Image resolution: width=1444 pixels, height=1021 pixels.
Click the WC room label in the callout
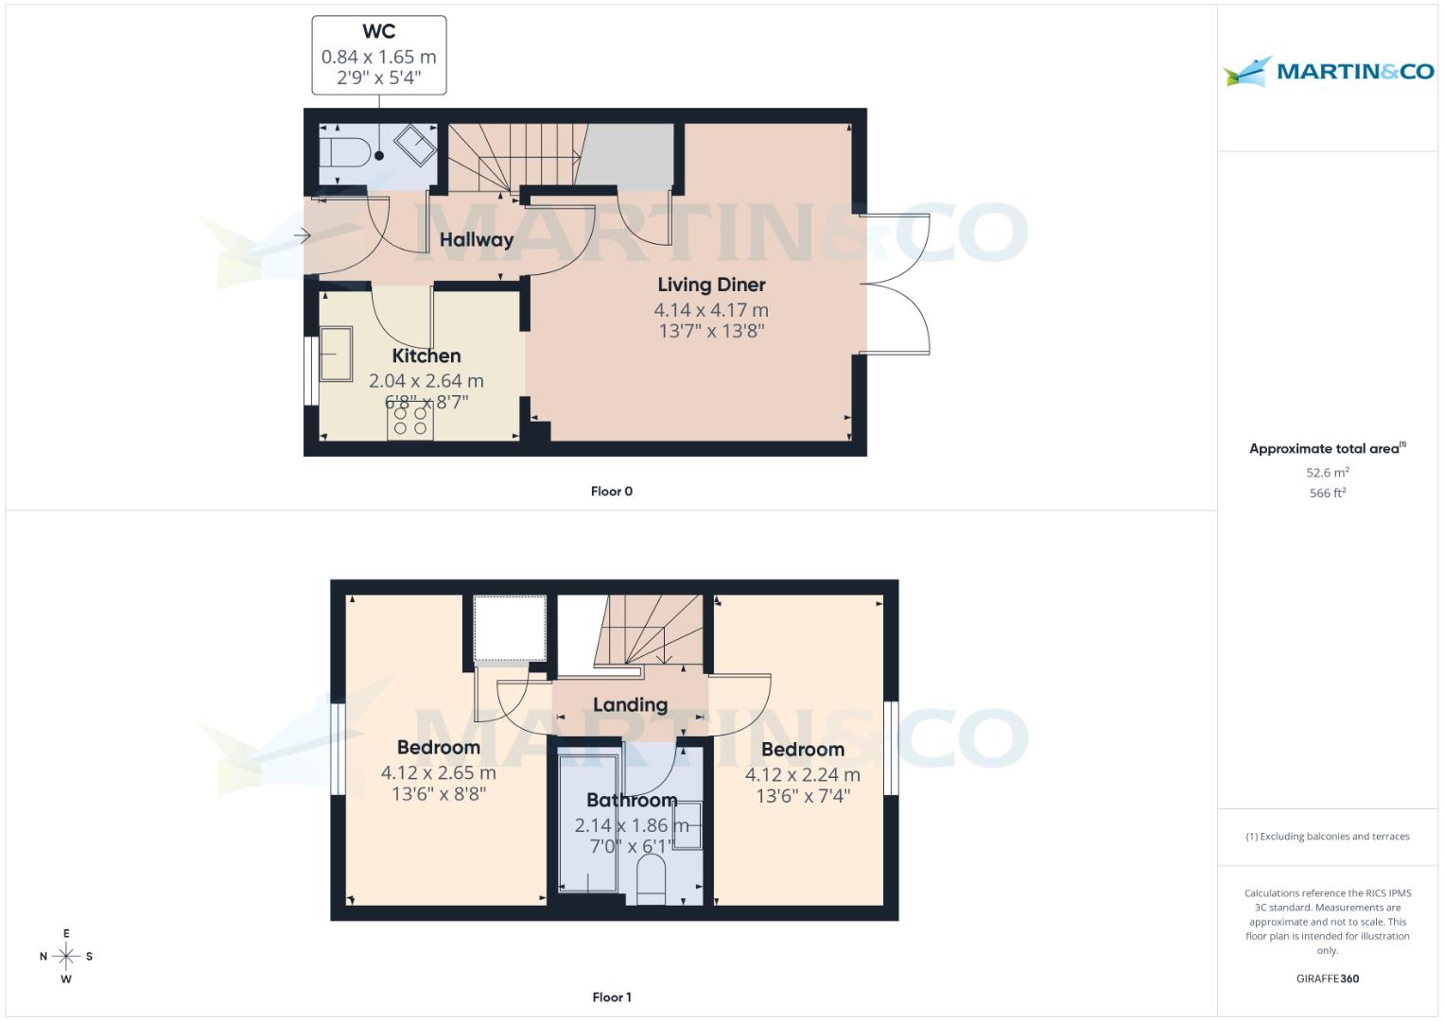378,32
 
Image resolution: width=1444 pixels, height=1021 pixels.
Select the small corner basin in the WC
415,146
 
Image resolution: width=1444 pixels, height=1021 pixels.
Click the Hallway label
476,240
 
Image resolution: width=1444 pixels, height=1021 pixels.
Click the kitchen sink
335,354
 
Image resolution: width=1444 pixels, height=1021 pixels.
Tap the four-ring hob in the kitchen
410,421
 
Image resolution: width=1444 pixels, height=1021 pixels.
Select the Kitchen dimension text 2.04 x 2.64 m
426,381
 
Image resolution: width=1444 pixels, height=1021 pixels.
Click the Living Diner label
711,285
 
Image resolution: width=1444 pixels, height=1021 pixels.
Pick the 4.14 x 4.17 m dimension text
711,310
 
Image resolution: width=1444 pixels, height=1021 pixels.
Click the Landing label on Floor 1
630,705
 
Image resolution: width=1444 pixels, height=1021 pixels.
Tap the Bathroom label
631,801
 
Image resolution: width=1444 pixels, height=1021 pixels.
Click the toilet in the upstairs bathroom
652,877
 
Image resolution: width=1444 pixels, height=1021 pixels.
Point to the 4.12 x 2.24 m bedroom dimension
803,775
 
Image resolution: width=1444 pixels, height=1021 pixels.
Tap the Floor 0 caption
612,492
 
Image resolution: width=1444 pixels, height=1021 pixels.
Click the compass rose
66,957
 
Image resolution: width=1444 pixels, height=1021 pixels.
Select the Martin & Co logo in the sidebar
1328,71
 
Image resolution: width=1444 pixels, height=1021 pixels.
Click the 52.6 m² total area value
1327,473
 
